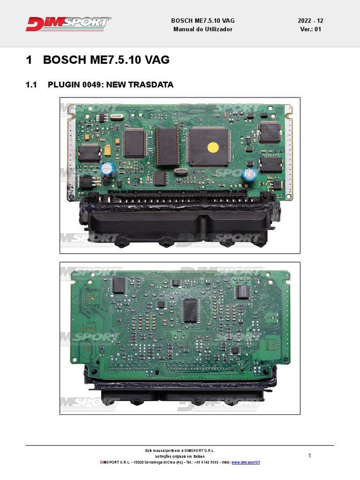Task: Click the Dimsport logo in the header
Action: pos(68,23)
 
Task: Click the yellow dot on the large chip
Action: pos(212,147)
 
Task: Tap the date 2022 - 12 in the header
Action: pos(310,21)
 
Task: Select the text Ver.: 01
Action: pos(310,29)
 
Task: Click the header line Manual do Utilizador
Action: pos(202,29)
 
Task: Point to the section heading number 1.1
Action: pos(31,85)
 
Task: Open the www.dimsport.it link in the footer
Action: pos(246,462)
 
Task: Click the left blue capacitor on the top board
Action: pos(106,169)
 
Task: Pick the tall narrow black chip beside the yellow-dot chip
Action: pos(167,146)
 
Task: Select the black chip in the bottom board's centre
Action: pos(190,310)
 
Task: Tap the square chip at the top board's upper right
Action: pos(270,133)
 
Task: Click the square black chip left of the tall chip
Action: pos(135,143)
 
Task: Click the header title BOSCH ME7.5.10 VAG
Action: pos(202,21)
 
